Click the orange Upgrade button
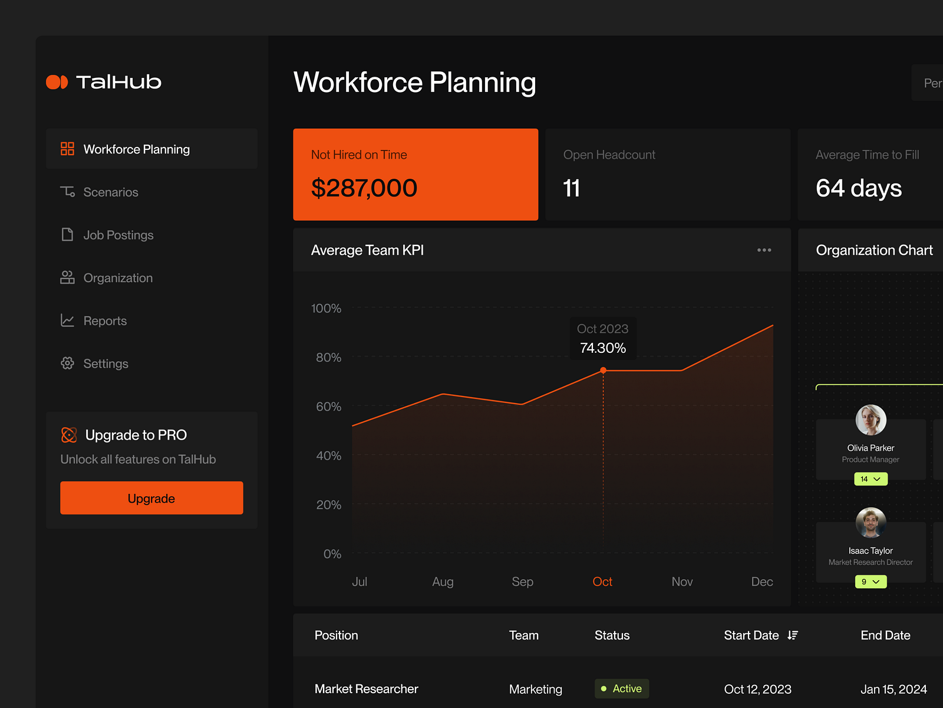151,498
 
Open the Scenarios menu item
110,192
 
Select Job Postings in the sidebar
118,235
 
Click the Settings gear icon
68,363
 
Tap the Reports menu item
105,321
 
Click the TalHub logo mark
57,82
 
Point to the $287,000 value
364,188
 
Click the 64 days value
859,188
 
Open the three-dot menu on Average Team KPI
764,250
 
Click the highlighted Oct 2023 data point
603,371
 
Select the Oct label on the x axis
602,582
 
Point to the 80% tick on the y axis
328,358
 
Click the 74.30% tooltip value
603,348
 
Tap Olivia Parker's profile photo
871,420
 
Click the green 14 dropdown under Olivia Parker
871,479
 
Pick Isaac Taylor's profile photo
871,523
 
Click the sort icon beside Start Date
793,635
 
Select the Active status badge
622,689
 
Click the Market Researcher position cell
367,689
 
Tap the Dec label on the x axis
762,582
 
